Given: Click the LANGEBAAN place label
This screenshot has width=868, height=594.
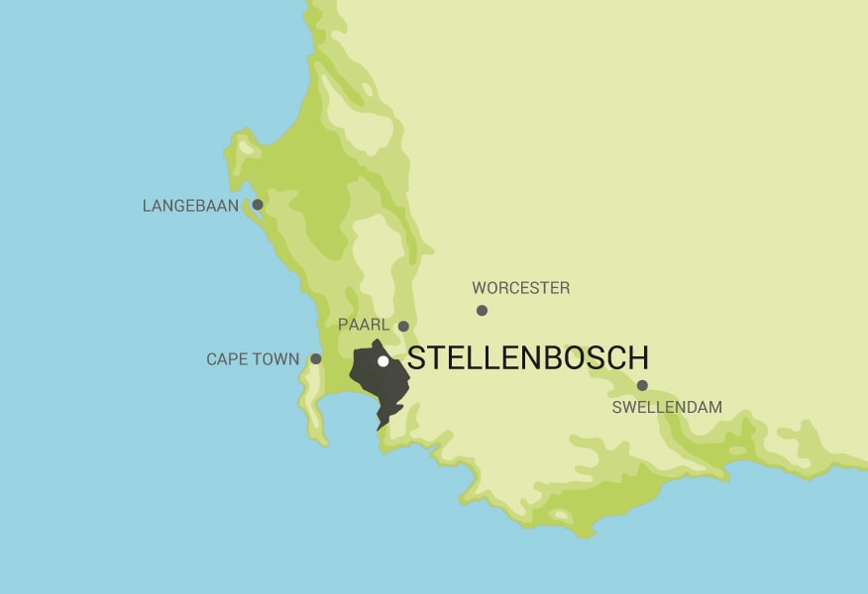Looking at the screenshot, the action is pyautogui.click(x=191, y=207).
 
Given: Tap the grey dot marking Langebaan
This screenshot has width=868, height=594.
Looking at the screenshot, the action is pyautogui.click(x=258, y=205).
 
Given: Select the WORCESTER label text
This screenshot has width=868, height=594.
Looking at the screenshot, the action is pyautogui.click(x=520, y=288).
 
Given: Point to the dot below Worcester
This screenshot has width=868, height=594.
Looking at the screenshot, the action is pyautogui.click(x=482, y=310).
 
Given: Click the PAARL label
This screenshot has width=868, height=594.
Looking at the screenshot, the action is pyautogui.click(x=364, y=325).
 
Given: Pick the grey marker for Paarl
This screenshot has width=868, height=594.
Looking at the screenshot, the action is pyautogui.click(x=403, y=326).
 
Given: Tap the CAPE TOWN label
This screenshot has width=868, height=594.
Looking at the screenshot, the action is pyautogui.click(x=253, y=359).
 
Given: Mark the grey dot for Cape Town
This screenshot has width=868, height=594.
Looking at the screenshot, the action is pyautogui.click(x=316, y=358).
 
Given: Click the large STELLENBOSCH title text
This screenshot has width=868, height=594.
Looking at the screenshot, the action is pyautogui.click(x=528, y=358).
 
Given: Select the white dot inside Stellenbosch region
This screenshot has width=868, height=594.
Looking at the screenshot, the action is pyautogui.click(x=383, y=360).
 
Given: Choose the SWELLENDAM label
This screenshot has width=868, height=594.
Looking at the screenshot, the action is pyautogui.click(x=667, y=407).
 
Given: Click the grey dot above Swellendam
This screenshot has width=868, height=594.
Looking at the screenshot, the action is pyautogui.click(x=642, y=385).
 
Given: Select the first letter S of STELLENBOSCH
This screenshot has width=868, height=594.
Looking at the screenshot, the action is pyautogui.click(x=416, y=358).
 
